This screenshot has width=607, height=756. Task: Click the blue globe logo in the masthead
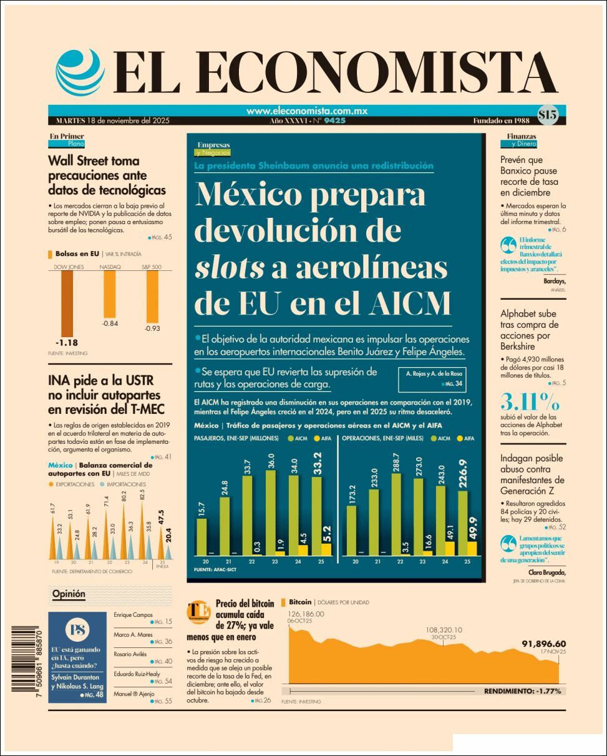[x=80, y=71]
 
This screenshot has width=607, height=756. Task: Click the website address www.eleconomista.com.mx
[x=307, y=111]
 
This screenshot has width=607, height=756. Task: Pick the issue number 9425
[x=334, y=120]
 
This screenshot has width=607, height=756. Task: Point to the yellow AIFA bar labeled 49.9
[x=472, y=547]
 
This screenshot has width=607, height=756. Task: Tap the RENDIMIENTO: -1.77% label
[x=522, y=691]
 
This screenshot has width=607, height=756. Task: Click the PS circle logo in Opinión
[x=77, y=629]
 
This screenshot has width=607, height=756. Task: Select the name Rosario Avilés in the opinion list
[x=130, y=654]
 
